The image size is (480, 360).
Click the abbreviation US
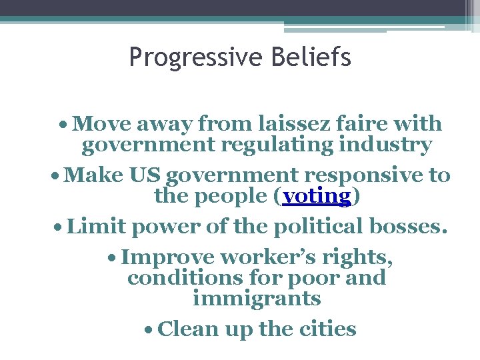145,175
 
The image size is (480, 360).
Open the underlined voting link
316,196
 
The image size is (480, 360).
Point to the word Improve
168,257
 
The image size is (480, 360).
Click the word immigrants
257,299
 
